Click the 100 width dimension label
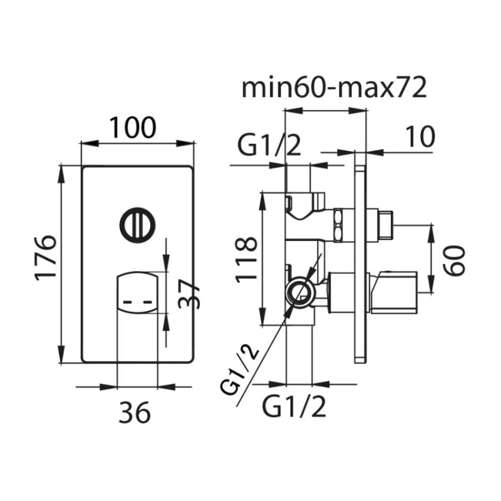133,128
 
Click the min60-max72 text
334,88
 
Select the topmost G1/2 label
269,148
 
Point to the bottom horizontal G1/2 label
294,408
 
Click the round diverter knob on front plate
138,224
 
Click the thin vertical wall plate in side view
360,257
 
